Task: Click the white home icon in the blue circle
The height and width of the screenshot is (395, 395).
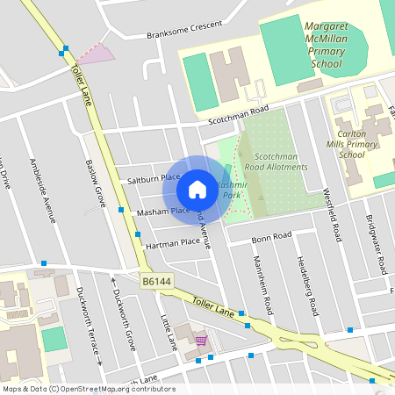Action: [x=197, y=189]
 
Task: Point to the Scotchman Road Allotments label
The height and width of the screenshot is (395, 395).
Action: [x=276, y=161]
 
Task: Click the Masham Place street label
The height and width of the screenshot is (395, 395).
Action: [x=162, y=212]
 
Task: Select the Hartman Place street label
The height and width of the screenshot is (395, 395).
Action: [x=173, y=244]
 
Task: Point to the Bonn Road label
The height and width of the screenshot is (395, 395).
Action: [x=270, y=237]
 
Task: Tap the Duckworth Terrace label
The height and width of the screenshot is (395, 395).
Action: [x=90, y=325]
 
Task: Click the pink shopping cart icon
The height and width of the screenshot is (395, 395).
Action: [x=201, y=341]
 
